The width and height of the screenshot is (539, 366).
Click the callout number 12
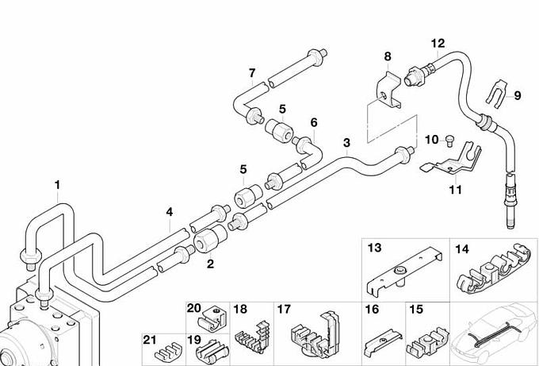click(438, 44)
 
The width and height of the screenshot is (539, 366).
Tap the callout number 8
click(388, 56)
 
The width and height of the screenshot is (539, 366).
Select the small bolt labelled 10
click(449, 141)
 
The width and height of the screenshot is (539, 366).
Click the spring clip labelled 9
click(498, 91)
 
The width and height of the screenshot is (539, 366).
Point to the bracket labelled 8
click(388, 91)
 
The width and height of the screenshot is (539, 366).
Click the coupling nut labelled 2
click(210, 239)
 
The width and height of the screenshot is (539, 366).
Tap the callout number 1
click(57, 185)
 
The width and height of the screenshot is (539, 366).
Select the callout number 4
click(170, 212)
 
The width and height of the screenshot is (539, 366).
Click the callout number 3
click(346, 143)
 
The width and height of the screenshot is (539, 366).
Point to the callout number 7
click(252, 73)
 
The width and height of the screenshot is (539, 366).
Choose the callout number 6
click(314, 122)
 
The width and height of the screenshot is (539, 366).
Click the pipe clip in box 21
click(168, 351)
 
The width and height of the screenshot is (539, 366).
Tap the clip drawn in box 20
click(210, 319)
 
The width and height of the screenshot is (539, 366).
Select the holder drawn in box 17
click(315, 335)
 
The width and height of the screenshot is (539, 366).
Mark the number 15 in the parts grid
click(416, 310)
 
